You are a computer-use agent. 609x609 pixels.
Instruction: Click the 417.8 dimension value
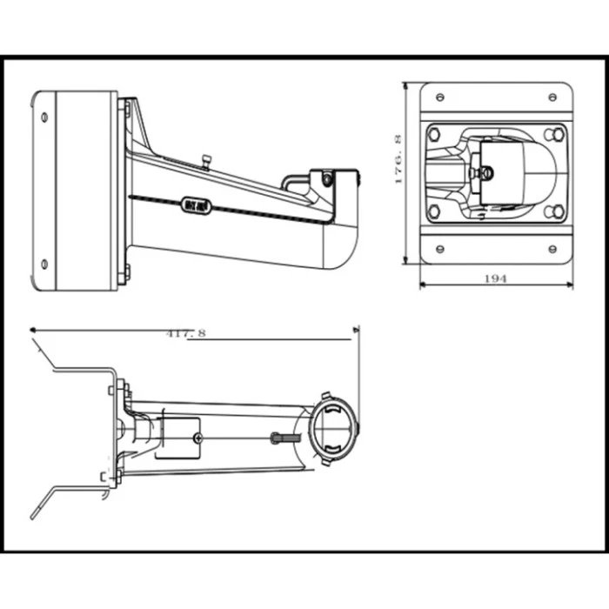pyautogui.click(x=185, y=332)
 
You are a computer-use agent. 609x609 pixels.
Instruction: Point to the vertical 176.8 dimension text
pyautogui.click(x=398, y=159)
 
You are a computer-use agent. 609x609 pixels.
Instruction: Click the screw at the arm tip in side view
pyautogui.click(x=327, y=179)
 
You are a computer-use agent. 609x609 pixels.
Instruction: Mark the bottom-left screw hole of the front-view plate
pyautogui.click(x=439, y=248)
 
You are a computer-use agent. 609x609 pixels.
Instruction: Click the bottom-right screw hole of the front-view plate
pyautogui.click(x=552, y=248)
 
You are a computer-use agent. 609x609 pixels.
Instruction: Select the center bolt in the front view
pyautogui.click(x=486, y=173)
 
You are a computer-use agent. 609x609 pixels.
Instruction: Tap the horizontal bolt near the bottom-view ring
pyautogui.click(x=281, y=437)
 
